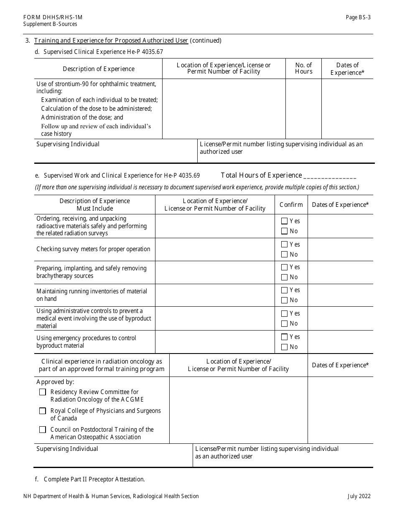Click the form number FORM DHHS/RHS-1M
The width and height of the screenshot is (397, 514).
(x=53, y=17)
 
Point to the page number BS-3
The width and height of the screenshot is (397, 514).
(x=358, y=17)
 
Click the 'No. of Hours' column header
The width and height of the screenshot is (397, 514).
(x=303, y=68)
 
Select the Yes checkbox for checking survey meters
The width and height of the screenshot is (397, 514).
(x=285, y=244)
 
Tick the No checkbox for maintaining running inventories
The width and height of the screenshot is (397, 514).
(x=285, y=300)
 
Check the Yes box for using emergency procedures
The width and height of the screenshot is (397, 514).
(x=285, y=337)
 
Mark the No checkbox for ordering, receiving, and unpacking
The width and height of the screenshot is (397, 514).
(x=285, y=231)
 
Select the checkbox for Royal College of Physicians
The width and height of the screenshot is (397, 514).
(x=43, y=411)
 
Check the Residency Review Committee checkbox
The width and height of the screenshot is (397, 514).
(x=43, y=392)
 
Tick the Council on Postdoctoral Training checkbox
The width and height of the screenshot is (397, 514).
(x=43, y=430)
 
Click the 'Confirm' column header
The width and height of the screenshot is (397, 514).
(x=291, y=205)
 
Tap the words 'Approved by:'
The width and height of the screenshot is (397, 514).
(x=55, y=382)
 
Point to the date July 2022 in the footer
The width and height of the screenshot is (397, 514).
(x=359, y=496)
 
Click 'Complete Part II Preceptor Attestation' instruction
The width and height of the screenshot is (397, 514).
(x=94, y=479)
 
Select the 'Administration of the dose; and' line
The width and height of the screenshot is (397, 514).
(x=82, y=117)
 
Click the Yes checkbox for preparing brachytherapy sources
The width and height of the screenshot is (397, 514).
(x=285, y=267)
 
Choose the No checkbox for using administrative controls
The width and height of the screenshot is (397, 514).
(x=285, y=323)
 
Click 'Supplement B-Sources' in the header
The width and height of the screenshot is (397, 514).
(x=50, y=24)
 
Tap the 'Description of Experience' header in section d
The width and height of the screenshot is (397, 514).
(x=99, y=69)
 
